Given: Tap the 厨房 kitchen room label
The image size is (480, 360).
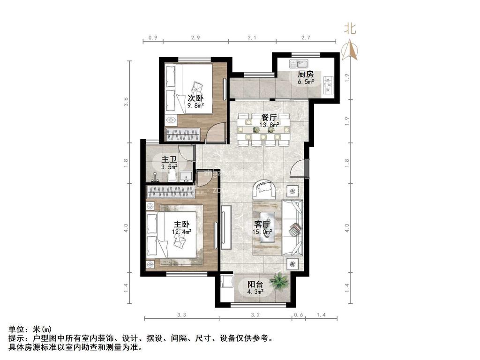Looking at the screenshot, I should (x=306, y=74).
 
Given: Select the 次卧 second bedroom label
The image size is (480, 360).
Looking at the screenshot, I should (x=195, y=98).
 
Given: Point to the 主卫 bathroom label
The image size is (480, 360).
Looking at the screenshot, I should (x=169, y=159).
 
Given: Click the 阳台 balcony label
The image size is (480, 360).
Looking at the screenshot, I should (x=255, y=284).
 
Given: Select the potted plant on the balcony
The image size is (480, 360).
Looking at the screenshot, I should (x=281, y=281).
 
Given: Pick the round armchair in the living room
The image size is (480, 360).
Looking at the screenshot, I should (x=265, y=190).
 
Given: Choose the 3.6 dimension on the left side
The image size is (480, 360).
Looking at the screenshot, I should (x=126, y=102).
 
